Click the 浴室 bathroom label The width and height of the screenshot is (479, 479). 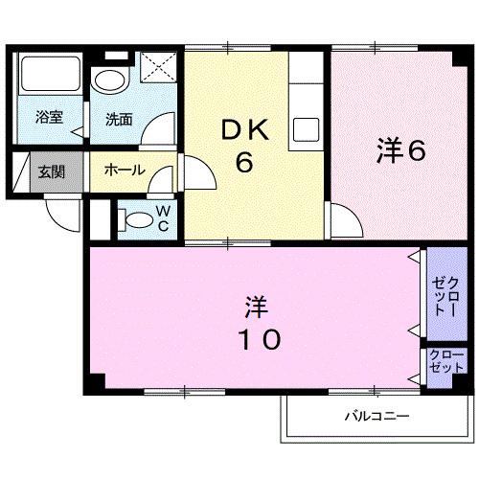(49, 119)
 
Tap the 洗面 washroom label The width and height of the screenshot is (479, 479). (119, 120)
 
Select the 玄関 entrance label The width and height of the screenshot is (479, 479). (51, 172)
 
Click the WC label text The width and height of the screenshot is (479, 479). (163, 218)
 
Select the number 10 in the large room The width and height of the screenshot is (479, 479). (255, 339)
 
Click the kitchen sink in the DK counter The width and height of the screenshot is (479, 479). (308, 128)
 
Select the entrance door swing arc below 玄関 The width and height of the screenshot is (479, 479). (59, 212)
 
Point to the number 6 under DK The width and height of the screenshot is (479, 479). (245, 163)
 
